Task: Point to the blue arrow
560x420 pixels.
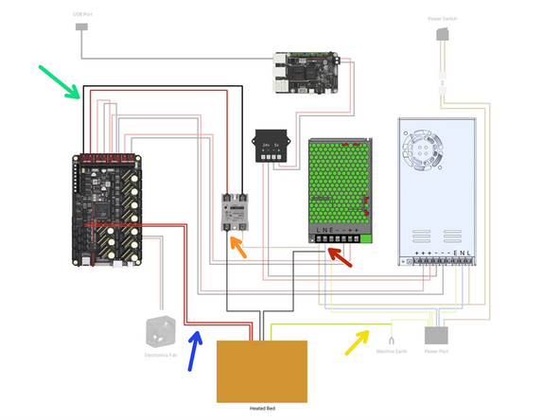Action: pos(194,348)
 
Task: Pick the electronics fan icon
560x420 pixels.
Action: pos(161,332)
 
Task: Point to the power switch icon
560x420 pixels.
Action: pos(442,35)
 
